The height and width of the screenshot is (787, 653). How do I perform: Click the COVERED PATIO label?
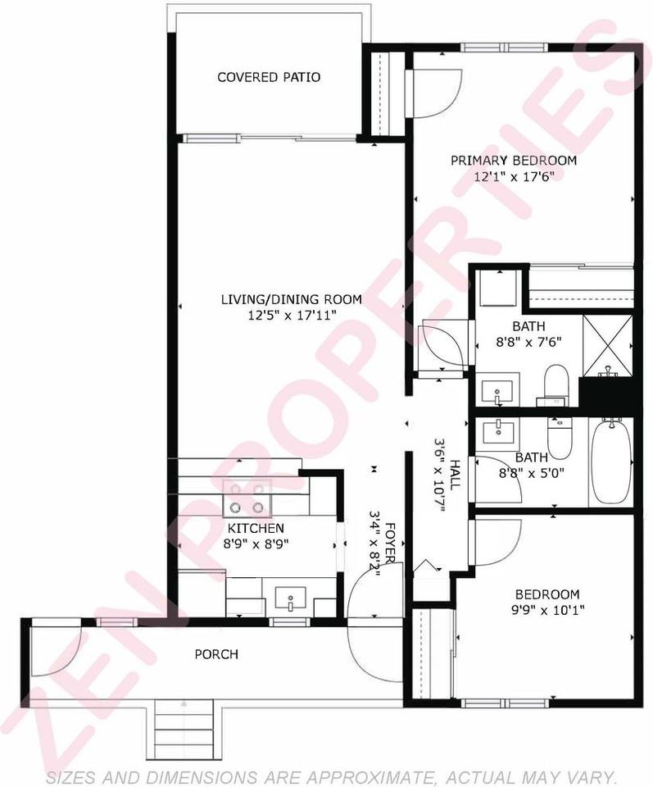click(269, 77)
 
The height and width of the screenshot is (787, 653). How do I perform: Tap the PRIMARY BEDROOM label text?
click(514, 161)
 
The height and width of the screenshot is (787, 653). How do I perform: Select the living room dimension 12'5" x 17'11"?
click(292, 315)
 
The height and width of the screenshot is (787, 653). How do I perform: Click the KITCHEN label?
click(256, 528)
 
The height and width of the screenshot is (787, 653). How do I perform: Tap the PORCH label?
click(216, 654)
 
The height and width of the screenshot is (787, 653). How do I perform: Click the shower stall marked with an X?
click(607, 346)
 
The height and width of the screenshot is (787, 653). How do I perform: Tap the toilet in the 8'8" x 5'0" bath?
click(560, 437)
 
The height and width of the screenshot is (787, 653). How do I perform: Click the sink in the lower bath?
click(498, 432)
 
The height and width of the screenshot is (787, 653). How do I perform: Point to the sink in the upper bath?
click(497, 392)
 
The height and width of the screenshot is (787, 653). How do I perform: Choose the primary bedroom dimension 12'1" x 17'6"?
click(514, 177)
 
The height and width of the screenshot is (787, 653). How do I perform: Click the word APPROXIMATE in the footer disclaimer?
click(361, 777)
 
